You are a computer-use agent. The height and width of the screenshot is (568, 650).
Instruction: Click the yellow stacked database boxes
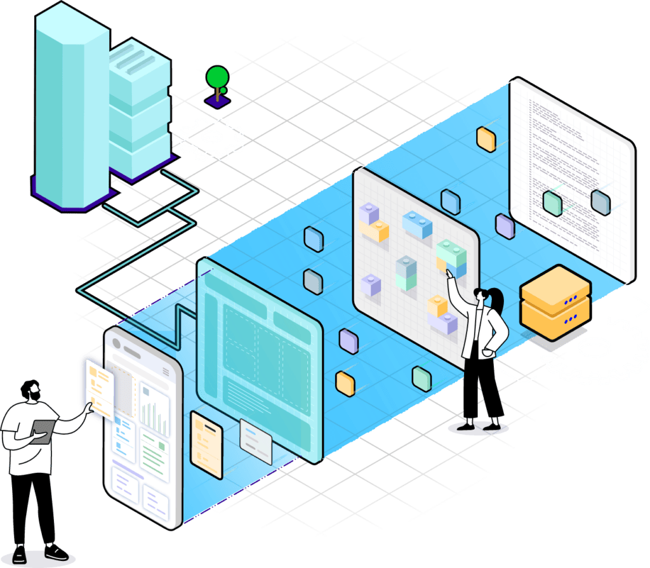click(555, 301)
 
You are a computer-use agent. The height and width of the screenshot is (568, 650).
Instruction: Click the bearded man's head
click(30, 390)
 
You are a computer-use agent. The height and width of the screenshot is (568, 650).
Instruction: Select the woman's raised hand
click(449, 274)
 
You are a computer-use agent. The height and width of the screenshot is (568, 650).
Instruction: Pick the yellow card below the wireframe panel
click(206, 444)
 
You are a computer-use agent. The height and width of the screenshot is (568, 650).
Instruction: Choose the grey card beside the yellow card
click(256, 440)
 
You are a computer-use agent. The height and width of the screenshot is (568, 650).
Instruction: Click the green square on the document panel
click(553, 202)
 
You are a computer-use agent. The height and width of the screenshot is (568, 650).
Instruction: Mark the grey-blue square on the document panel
click(600, 201)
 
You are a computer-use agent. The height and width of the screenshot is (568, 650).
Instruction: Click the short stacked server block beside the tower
click(138, 108)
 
